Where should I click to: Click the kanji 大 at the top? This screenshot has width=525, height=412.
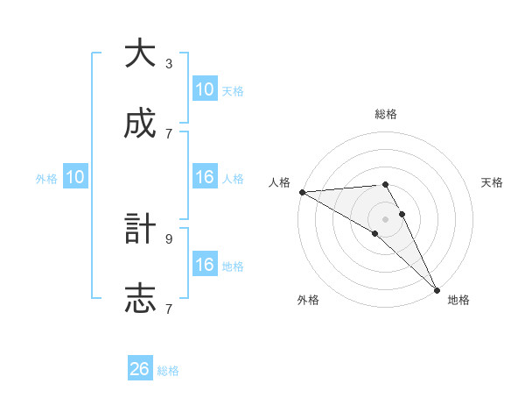click(140, 53)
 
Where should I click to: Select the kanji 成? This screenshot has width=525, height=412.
click(140, 124)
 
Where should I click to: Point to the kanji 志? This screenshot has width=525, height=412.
click(140, 299)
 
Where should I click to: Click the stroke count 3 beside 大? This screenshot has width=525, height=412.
click(169, 64)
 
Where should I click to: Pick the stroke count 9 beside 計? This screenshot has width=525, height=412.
click(169, 238)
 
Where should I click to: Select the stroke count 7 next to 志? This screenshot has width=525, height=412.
click(169, 309)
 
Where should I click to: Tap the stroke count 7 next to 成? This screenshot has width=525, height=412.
click(169, 133)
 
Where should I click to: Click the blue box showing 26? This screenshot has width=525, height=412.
click(140, 369)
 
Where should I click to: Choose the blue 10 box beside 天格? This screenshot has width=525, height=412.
click(205, 89)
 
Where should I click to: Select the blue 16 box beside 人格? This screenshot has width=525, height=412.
click(205, 177)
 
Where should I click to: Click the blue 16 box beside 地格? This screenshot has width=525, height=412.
click(205, 265)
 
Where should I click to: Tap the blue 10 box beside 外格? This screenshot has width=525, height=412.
click(75, 177)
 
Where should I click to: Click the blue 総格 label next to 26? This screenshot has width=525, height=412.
click(168, 371)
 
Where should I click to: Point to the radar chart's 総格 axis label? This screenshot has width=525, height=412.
click(386, 114)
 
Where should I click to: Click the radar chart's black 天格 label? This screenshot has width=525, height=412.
click(492, 182)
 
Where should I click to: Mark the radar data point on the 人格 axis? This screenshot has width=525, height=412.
click(302, 192)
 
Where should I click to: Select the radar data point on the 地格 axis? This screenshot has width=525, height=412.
click(437, 289)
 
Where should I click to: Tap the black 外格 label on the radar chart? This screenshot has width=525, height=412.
click(308, 300)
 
